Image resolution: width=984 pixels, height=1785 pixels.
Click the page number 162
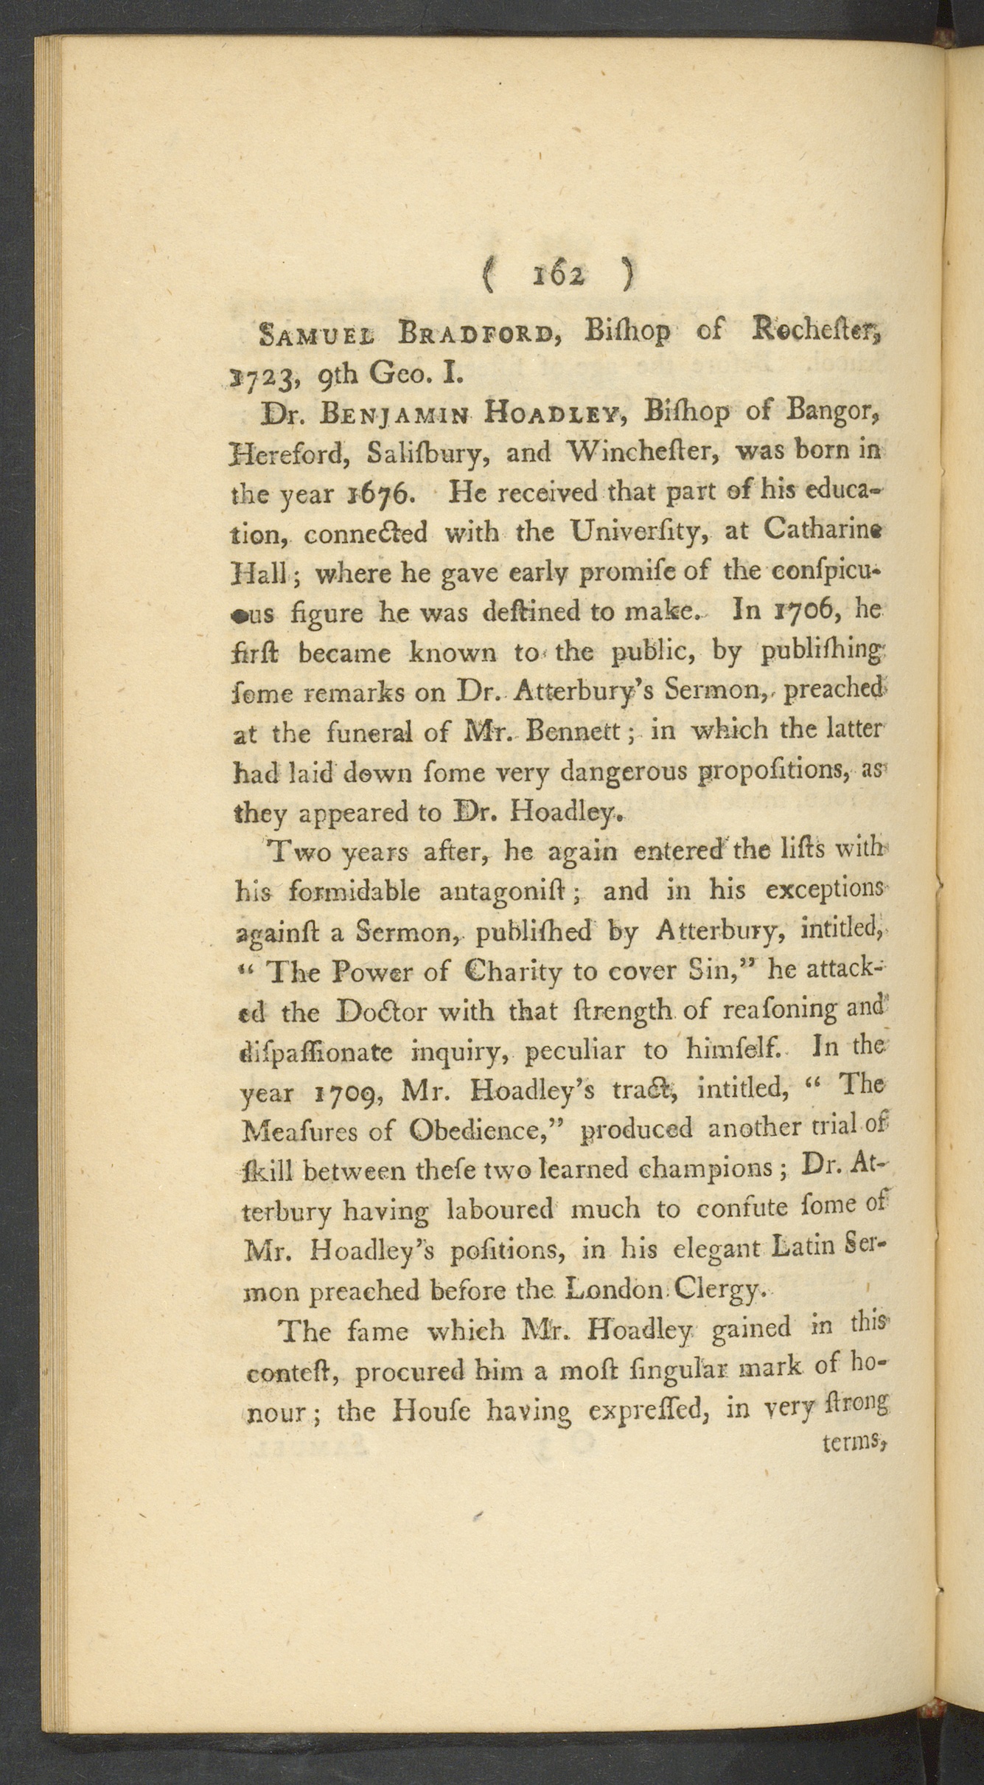[557, 275]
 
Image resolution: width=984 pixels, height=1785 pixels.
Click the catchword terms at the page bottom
[851, 1441]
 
